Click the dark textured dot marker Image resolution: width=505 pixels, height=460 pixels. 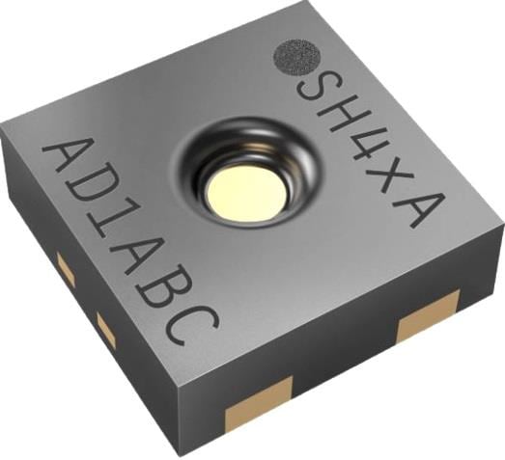tap(297, 57)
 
